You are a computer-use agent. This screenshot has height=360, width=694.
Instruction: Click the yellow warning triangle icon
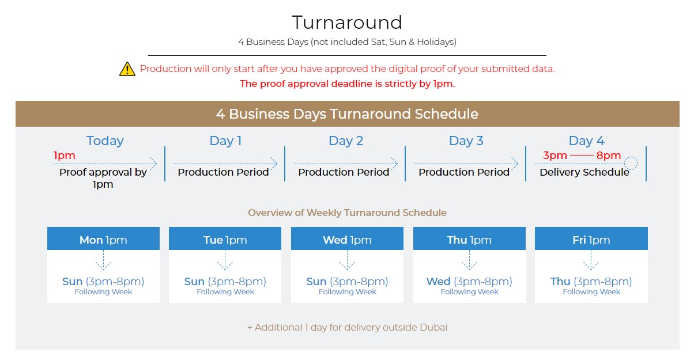[127, 69]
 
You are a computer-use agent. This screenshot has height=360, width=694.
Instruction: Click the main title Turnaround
[347, 22]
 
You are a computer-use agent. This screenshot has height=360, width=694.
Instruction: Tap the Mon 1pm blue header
[104, 238]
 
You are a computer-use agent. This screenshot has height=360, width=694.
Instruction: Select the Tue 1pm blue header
[225, 238]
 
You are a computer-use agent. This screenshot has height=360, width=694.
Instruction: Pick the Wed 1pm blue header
[347, 238]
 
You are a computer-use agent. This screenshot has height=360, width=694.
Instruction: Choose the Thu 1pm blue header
[469, 238]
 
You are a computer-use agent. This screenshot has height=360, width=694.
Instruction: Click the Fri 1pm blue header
[591, 238]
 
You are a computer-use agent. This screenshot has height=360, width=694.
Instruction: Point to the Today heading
[105, 141]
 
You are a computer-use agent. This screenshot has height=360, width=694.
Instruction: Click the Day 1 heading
[225, 141]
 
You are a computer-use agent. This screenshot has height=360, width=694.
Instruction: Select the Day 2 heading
[346, 141]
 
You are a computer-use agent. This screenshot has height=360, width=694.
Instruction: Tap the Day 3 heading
[466, 141]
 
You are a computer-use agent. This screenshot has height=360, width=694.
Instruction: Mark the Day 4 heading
[586, 141]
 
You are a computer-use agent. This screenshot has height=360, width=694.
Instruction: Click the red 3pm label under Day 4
[555, 156]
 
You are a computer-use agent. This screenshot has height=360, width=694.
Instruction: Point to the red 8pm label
[609, 156]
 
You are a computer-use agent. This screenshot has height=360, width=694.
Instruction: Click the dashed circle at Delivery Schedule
[631, 157]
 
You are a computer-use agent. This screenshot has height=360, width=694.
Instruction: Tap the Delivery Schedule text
[584, 172]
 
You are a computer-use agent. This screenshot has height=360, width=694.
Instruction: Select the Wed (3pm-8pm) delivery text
[469, 281]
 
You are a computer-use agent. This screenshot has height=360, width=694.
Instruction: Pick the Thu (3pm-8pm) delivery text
[591, 281]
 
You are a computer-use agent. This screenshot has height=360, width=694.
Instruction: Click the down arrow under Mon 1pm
[104, 260]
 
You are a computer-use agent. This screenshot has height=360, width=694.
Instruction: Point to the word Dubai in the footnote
[433, 327]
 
